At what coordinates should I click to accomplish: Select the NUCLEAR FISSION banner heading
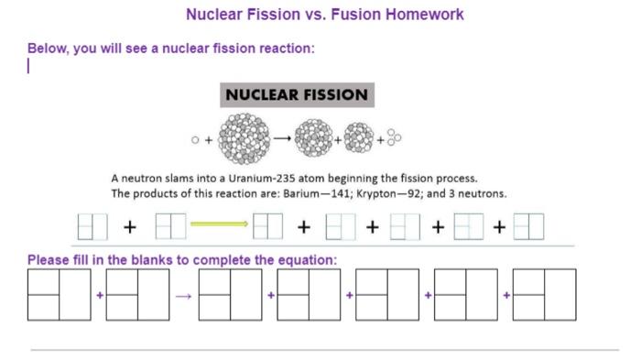pyautogui.click(x=297, y=94)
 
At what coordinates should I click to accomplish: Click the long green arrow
pyautogui.click(x=219, y=224)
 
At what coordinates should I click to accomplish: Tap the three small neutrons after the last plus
pyautogui.click(x=394, y=137)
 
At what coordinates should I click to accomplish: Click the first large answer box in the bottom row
pyautogui.click(x=60, y=294)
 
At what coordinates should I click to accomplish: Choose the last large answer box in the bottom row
pyautogui.click(x=545, y=294)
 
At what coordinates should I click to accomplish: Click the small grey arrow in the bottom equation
pyautogui.click(x=184, y=296)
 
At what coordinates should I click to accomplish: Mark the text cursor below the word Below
pyautogui.click(x=29, y=66)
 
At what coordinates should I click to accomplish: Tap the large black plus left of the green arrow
pyautogui.click(x=130, y=225)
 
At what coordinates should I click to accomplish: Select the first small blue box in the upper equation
pyautogui.click(x=92, y=225)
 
